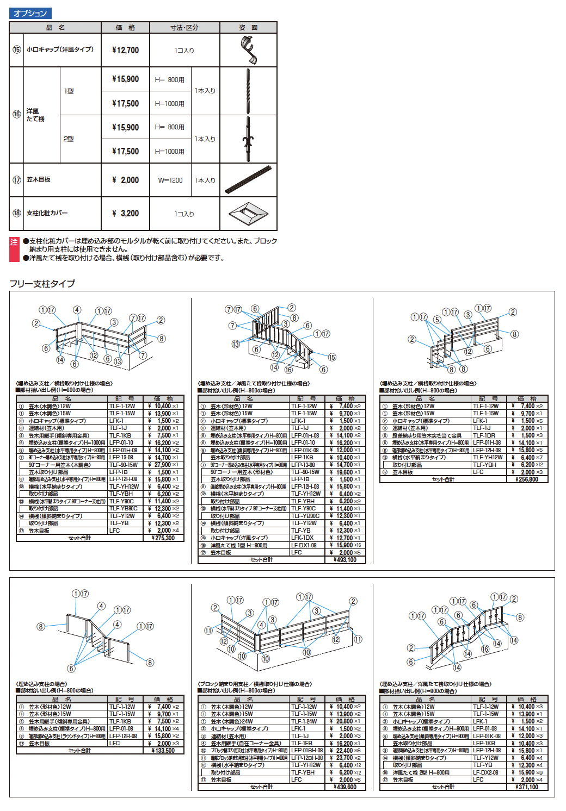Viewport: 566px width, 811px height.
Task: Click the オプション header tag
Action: pos(30,13)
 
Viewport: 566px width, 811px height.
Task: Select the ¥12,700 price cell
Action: pos(125,50)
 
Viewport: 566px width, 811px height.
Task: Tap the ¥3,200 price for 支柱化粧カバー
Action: pos(125,213)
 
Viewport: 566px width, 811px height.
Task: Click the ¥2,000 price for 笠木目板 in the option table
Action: pos(125,180)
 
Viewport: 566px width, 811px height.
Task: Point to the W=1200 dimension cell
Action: pos(170,180)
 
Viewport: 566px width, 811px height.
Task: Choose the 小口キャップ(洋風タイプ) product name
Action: pos(60,49)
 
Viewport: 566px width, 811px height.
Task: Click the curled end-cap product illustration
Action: pos(249,50)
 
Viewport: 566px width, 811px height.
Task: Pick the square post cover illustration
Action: pos(248,214)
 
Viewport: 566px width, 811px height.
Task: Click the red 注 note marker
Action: pos(14,242)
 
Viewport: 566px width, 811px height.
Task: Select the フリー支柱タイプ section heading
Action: pos(42,283)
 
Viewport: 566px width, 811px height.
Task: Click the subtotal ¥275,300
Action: pos(163,538)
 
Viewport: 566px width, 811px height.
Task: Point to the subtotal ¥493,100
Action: pos(345,560)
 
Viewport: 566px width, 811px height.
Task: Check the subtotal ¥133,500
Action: pos(163,751)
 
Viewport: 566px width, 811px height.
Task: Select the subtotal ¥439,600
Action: pos(345,787)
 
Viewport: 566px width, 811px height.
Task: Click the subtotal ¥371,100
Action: pos(527,787)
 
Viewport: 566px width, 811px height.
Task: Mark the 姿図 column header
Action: pos(248,27)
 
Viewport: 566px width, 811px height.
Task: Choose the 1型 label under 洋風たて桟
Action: pos(69,91)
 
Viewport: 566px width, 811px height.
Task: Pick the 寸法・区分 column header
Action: pos(184,27)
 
